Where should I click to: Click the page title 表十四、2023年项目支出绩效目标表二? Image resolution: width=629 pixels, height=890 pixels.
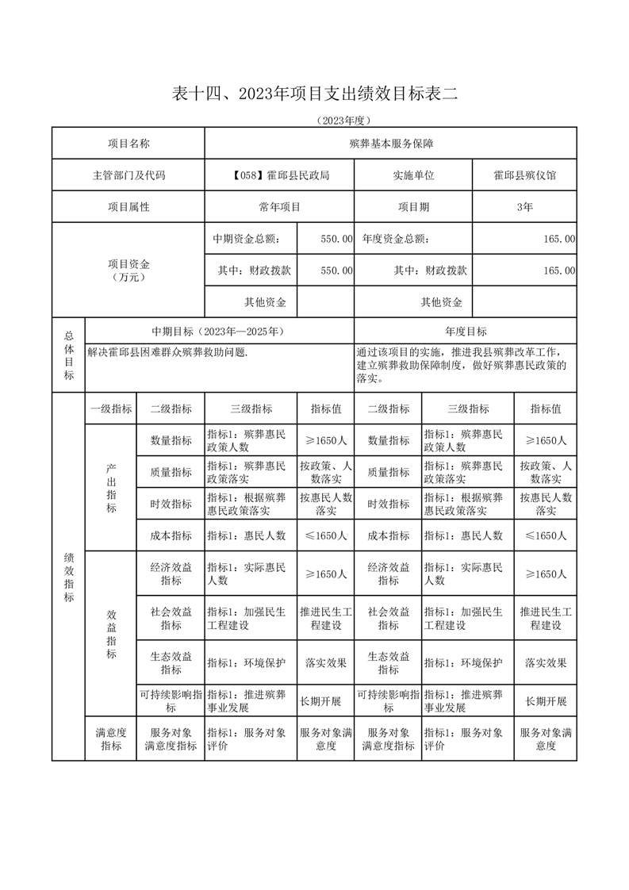pos(315,94)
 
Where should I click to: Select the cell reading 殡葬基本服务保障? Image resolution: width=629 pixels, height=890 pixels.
pos(390,144)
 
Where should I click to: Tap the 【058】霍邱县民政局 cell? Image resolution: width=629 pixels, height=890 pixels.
pos(278,175)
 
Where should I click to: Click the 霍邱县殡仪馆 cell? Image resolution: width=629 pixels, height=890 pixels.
pos(524,175)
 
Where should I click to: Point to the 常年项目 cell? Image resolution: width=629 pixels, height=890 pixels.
pos(278,207)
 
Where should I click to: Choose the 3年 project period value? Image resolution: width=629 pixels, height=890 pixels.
pos(524,207)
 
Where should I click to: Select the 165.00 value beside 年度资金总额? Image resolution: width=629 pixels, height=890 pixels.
pos(558,238)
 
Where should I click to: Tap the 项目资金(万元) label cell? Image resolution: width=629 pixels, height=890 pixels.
pos(128,270)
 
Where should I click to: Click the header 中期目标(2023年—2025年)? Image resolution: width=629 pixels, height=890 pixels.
pos(218,332)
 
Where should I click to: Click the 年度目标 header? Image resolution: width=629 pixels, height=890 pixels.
pos(466,332)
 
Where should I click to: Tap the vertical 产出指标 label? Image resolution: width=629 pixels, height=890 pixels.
pos(110,488)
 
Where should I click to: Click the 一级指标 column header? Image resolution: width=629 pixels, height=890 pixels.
pos(110,409)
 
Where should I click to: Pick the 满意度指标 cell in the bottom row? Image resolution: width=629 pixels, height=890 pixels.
pos(110,739)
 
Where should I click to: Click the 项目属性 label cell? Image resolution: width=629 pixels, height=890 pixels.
pos(128,207)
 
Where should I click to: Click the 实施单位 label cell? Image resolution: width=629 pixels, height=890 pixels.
pos(413,175)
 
